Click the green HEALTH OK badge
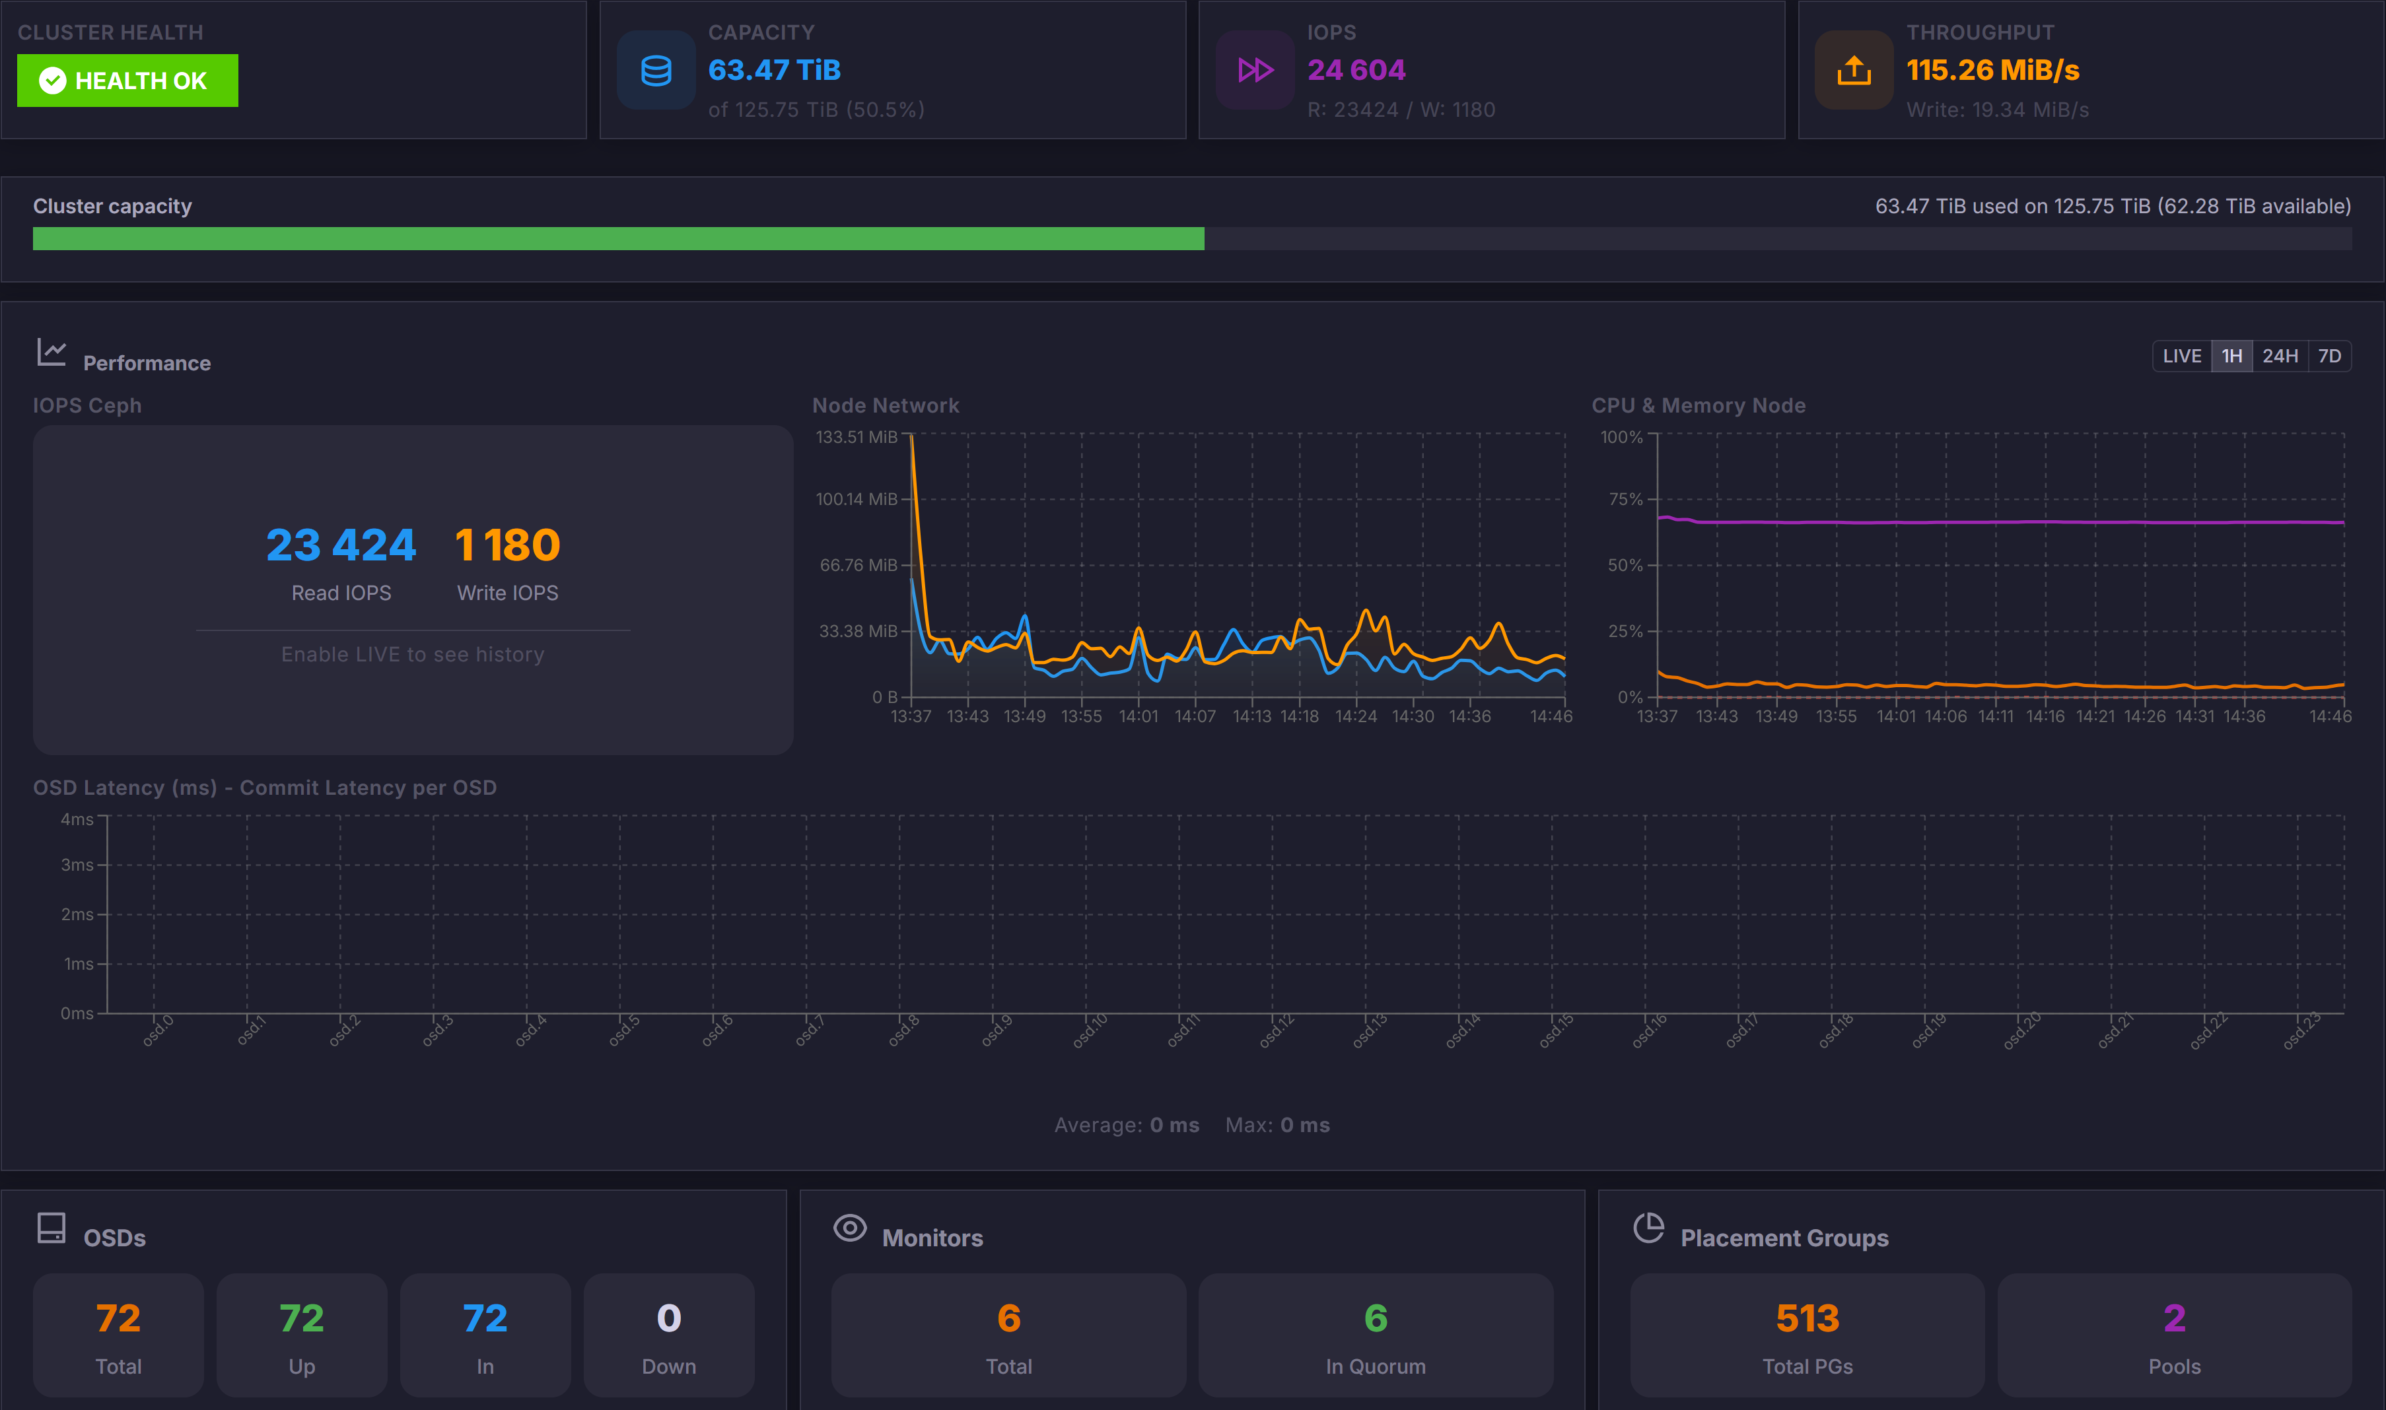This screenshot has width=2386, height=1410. click(x=127, y=81)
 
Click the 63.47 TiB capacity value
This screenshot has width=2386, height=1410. click(x=773, y=71)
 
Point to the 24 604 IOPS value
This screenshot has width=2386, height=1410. click(x=1356, y=71)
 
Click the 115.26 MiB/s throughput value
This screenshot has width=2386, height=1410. click(x=1992, y=71)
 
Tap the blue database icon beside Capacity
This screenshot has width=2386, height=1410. click(x=656, y=71)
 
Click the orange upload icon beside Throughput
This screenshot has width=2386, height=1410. click(x=1853, y=71)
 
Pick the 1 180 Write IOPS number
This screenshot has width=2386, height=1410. click(x=507, y=545)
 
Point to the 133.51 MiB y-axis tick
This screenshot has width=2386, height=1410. click(x=856, y=437)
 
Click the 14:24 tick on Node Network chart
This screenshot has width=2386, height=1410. click(x=1355, y=716)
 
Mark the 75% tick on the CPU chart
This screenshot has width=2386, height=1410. click(x=1625, y=500)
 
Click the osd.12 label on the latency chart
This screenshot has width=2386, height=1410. click(x=1277, y=1031)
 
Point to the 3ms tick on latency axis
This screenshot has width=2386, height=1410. click(x=77, y=865)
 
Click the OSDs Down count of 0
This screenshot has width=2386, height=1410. click(x=668, y=1318)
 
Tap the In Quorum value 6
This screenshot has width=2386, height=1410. click(x=1375, y=1318)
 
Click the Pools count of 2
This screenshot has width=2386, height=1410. click(x=2173, y=1318)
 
